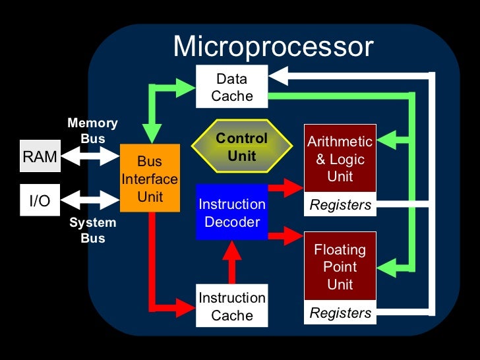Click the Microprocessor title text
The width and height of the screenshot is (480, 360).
click(272, 47)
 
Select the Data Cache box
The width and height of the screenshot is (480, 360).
click(231, 87)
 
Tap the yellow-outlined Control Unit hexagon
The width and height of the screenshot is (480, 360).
click(241, 147)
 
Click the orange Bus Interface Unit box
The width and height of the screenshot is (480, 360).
click(150, 179)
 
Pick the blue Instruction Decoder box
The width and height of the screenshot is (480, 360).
click(232, 213)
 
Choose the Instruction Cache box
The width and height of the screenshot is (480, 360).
click(232, 306)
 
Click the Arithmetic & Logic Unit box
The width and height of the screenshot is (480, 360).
click(340, 159)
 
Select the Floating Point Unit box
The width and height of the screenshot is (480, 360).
click(340, 267)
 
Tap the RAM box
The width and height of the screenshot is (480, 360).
click(40, 156)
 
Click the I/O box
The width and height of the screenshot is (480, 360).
click(40, 200)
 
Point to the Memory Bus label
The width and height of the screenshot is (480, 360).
click(92, 131)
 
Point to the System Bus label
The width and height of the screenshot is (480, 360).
click(92, 230)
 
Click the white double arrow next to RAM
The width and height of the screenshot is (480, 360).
click(90, 156)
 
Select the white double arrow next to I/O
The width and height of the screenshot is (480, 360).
click(90, 200)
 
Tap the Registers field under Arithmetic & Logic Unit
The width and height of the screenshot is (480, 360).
click(340, 205)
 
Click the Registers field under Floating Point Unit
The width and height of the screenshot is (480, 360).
click(340, 313)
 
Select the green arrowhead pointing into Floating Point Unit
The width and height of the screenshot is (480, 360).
click(389, 268)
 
